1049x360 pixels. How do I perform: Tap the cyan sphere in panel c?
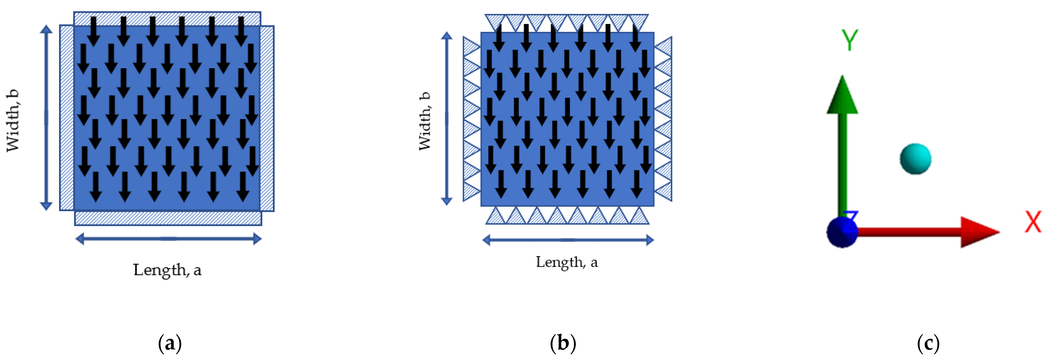(x=915, y=159)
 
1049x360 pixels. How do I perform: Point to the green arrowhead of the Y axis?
(x=842, y=96)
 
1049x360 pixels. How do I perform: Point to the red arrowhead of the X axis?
(x=979, y=232)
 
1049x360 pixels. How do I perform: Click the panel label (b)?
(x=563, y=343)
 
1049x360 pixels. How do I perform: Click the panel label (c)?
(x=928, y=343)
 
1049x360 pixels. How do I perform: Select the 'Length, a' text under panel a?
(x=167, y=270)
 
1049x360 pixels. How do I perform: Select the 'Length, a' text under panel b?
(x=567, y=262)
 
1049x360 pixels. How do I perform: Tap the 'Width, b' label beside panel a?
(x=13, y=120)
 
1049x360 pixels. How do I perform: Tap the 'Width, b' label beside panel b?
(x=425, y=121)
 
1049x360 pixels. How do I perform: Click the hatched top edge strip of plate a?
(x=167, y=19)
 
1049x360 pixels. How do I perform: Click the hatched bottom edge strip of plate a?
(x=168, y=218)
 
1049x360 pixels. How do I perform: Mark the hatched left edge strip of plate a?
(x=66, y=118)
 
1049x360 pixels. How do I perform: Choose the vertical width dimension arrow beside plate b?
(x=447, y=118)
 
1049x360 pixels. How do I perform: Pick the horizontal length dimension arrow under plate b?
(x=568, y=240)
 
